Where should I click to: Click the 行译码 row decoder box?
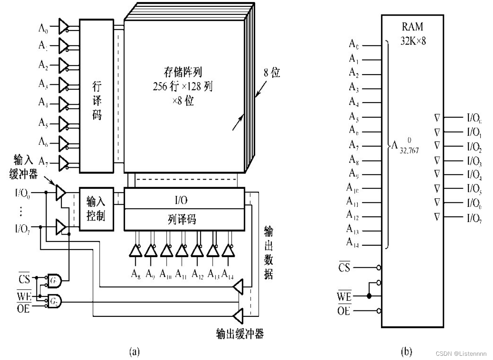(x=97, y=95)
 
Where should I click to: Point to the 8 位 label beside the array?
(x=269, y=73)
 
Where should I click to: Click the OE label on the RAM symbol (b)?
(x=344, y=310)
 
